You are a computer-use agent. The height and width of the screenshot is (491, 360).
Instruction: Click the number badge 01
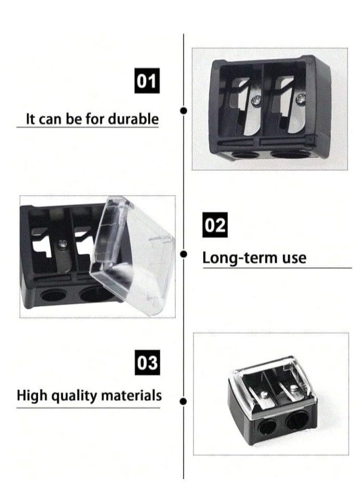(147, 82)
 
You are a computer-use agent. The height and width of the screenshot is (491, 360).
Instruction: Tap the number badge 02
(215, 226)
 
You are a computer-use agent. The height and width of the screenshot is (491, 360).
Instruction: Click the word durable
(133, 119)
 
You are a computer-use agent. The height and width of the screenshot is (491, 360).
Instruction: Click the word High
(30, 395)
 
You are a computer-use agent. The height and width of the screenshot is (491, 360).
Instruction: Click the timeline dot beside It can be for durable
(183, 110)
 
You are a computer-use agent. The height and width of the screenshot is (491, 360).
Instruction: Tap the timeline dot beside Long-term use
(183, 254)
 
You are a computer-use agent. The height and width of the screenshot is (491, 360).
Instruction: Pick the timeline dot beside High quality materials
(183, 401)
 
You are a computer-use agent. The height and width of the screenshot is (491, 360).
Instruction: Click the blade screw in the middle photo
(63, 242)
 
